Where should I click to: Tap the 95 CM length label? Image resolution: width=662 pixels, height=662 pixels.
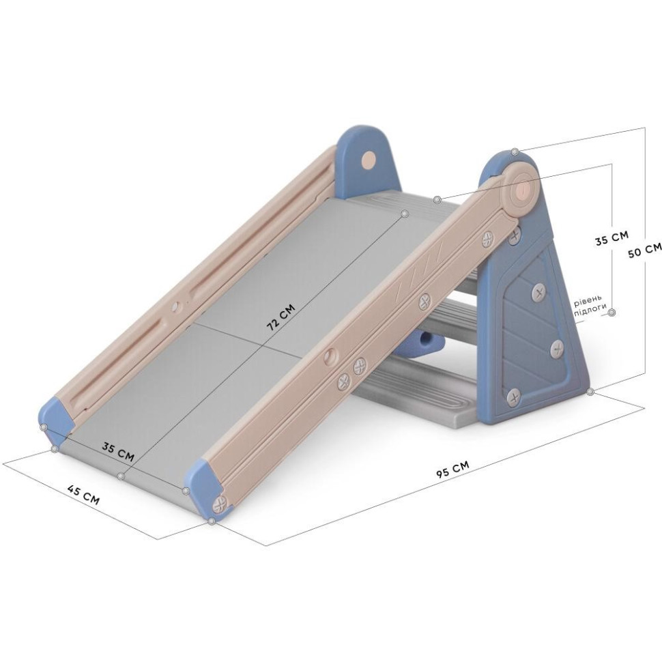click(x=452, y=469)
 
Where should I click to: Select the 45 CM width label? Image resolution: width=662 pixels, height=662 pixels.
click(x=83, y=495)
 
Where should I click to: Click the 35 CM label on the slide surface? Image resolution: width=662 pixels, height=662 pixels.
click(x=118, y=451)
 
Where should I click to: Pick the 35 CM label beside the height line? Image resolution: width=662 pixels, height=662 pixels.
click(x=611, y=238)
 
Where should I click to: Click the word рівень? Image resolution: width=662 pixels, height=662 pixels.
click(x=587, y=302)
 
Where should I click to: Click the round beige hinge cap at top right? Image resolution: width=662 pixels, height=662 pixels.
click(x=522, y=188)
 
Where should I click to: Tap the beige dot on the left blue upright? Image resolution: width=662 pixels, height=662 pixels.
click(x=369, y=160)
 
